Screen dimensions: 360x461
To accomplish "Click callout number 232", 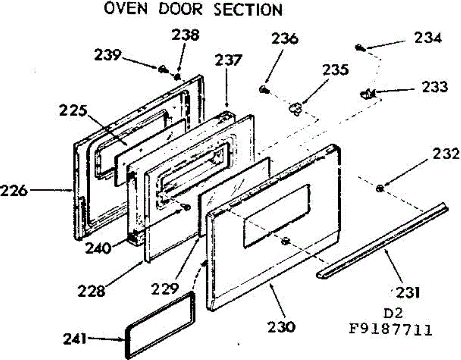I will pos(446,155).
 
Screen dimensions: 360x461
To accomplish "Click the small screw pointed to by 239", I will pos(163,69).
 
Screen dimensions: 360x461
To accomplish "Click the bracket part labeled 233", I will pos(368,92).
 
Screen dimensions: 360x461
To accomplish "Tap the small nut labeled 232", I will pos(380,188).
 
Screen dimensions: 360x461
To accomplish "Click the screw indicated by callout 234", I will pos(360,48).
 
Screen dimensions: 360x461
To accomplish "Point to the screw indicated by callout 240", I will pos(187,207).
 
